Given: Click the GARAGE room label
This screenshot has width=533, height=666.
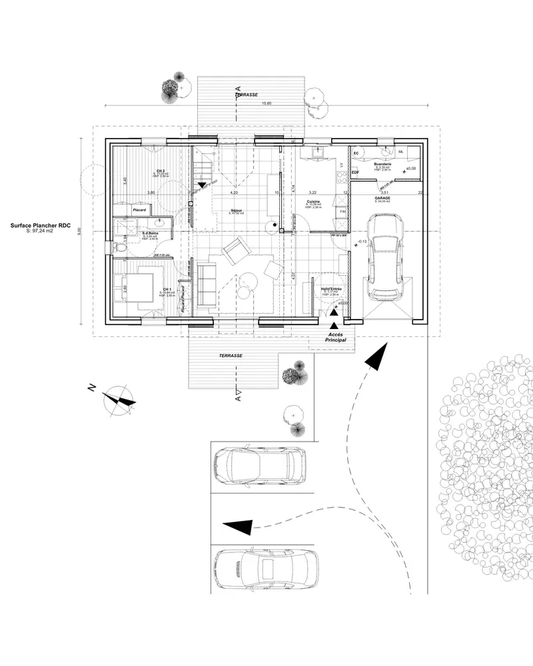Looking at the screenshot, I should (382, 198).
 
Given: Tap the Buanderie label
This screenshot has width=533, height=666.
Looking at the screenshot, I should (382, 164).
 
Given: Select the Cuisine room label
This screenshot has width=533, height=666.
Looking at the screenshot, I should (314, 201).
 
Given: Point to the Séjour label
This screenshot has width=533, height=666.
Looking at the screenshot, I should (237, 210).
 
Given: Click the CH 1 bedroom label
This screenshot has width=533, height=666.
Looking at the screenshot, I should (167, 289).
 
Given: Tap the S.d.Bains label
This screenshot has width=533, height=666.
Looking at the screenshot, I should (150, 232).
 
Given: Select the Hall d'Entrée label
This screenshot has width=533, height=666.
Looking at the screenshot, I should (331, 289).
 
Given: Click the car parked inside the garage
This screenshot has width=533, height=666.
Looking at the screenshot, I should (386, 256).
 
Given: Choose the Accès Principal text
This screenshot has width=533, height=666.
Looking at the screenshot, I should (337, 336).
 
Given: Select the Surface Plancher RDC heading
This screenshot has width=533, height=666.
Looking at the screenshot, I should (41, 226).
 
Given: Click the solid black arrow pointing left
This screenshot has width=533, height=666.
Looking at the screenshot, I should (241, 526).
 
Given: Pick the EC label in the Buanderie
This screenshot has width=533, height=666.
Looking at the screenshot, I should (356, 153).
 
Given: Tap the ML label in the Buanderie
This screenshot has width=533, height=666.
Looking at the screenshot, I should (400, 152).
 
